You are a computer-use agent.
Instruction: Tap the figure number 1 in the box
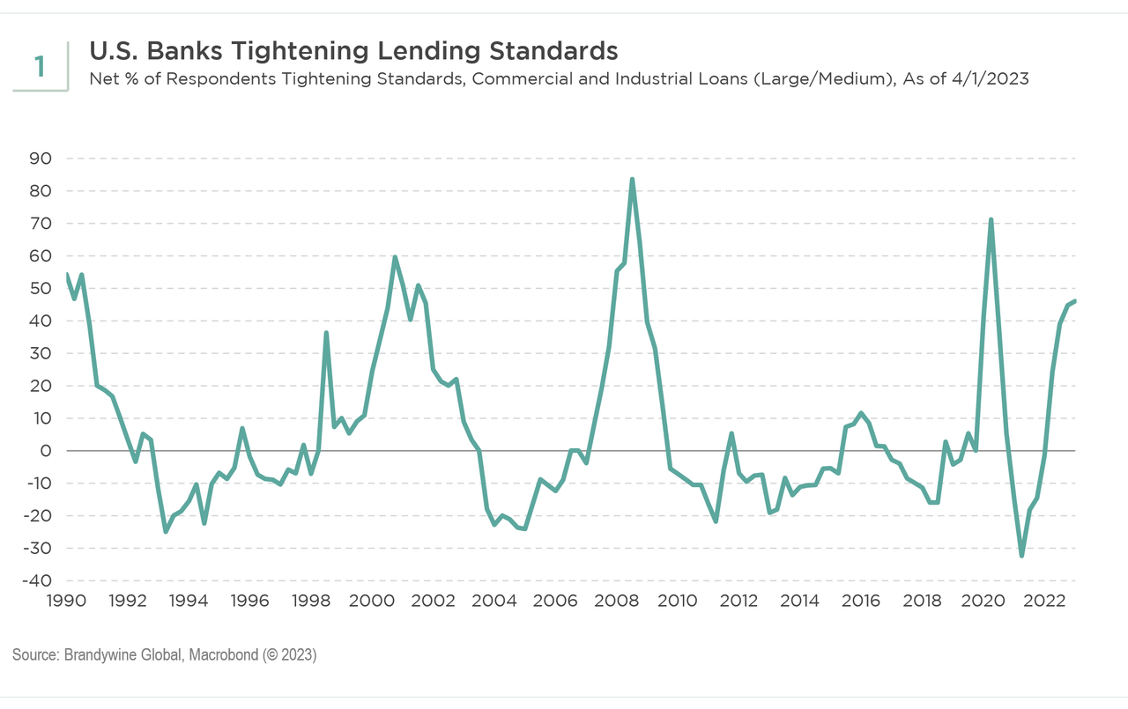(x=40, y=67)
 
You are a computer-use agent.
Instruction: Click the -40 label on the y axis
(x=37, y=580)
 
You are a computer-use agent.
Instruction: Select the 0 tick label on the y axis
(x=47, y=451)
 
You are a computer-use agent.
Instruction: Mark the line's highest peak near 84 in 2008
(x=632, y=180)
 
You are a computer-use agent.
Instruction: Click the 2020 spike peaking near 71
(x=991, y=219)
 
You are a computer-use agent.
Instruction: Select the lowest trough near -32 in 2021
(x=1021, y=555)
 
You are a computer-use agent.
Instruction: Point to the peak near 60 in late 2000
(x=395, y=257)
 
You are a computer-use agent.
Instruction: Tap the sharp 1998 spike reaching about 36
(x=326, y=333)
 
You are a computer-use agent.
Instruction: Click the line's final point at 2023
(x=1075, y=301)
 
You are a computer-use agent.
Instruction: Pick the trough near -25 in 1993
(x=166, y=531)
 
